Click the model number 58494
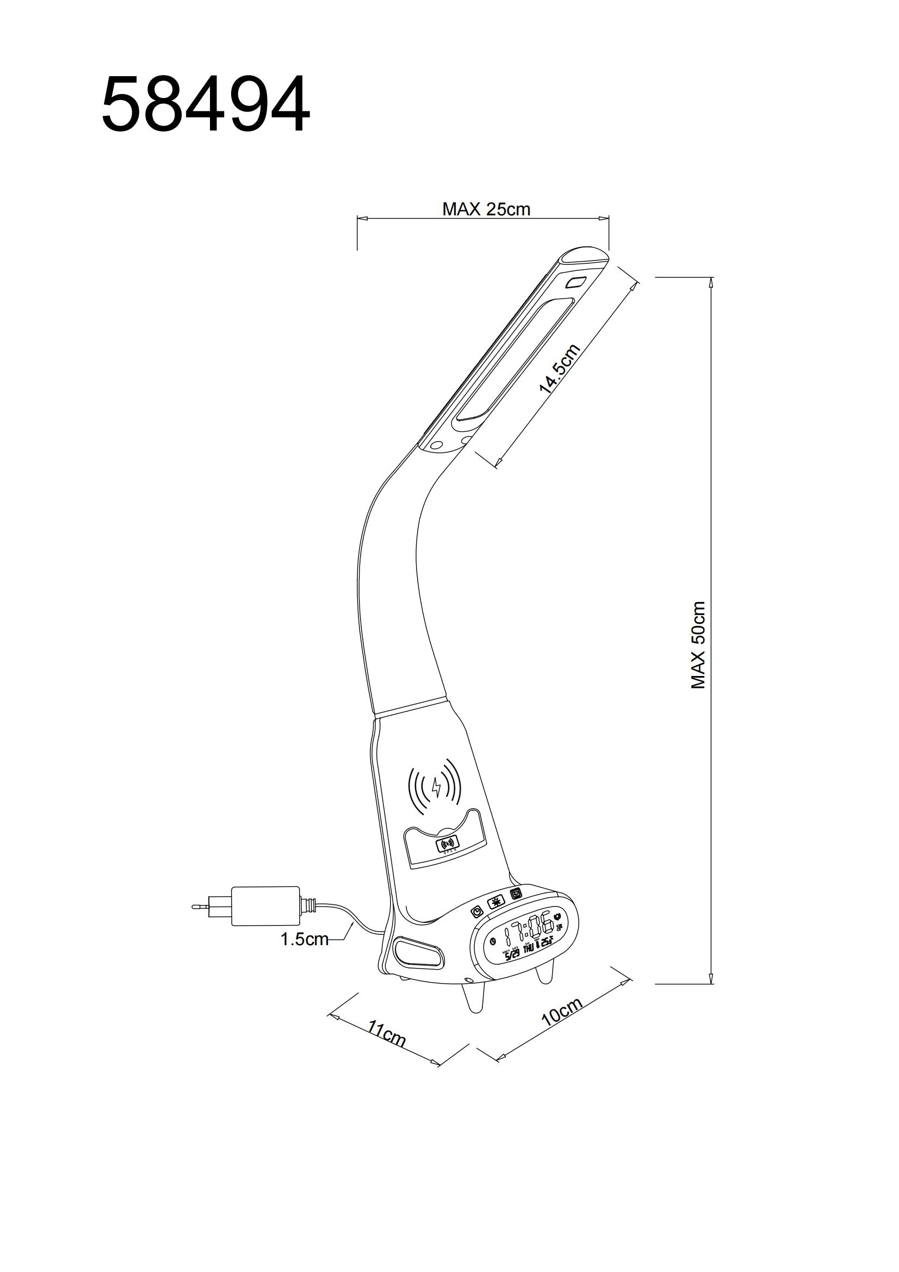coord(206,106)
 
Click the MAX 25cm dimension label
coord(486,209)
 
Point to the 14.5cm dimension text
coord(560,368)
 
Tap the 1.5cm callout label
coord(304,939)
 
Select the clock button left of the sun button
coord(476,911)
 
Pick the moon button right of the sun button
coord(516,894)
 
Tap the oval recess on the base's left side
coord(419,951)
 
